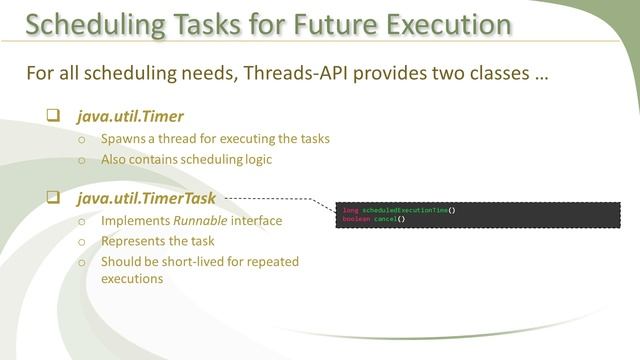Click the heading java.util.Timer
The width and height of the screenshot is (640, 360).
click(124, 116)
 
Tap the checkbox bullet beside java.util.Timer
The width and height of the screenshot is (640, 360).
click(53, 116)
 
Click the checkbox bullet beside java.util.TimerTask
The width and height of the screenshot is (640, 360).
click(53, 198)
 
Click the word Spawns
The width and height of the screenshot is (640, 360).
click(124, 139)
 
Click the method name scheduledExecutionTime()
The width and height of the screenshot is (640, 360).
click(409, 210)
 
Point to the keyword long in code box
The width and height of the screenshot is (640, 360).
click(350, 210)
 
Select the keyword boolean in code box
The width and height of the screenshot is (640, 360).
click(355, 218)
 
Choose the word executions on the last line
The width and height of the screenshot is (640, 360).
click(133, 280)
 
